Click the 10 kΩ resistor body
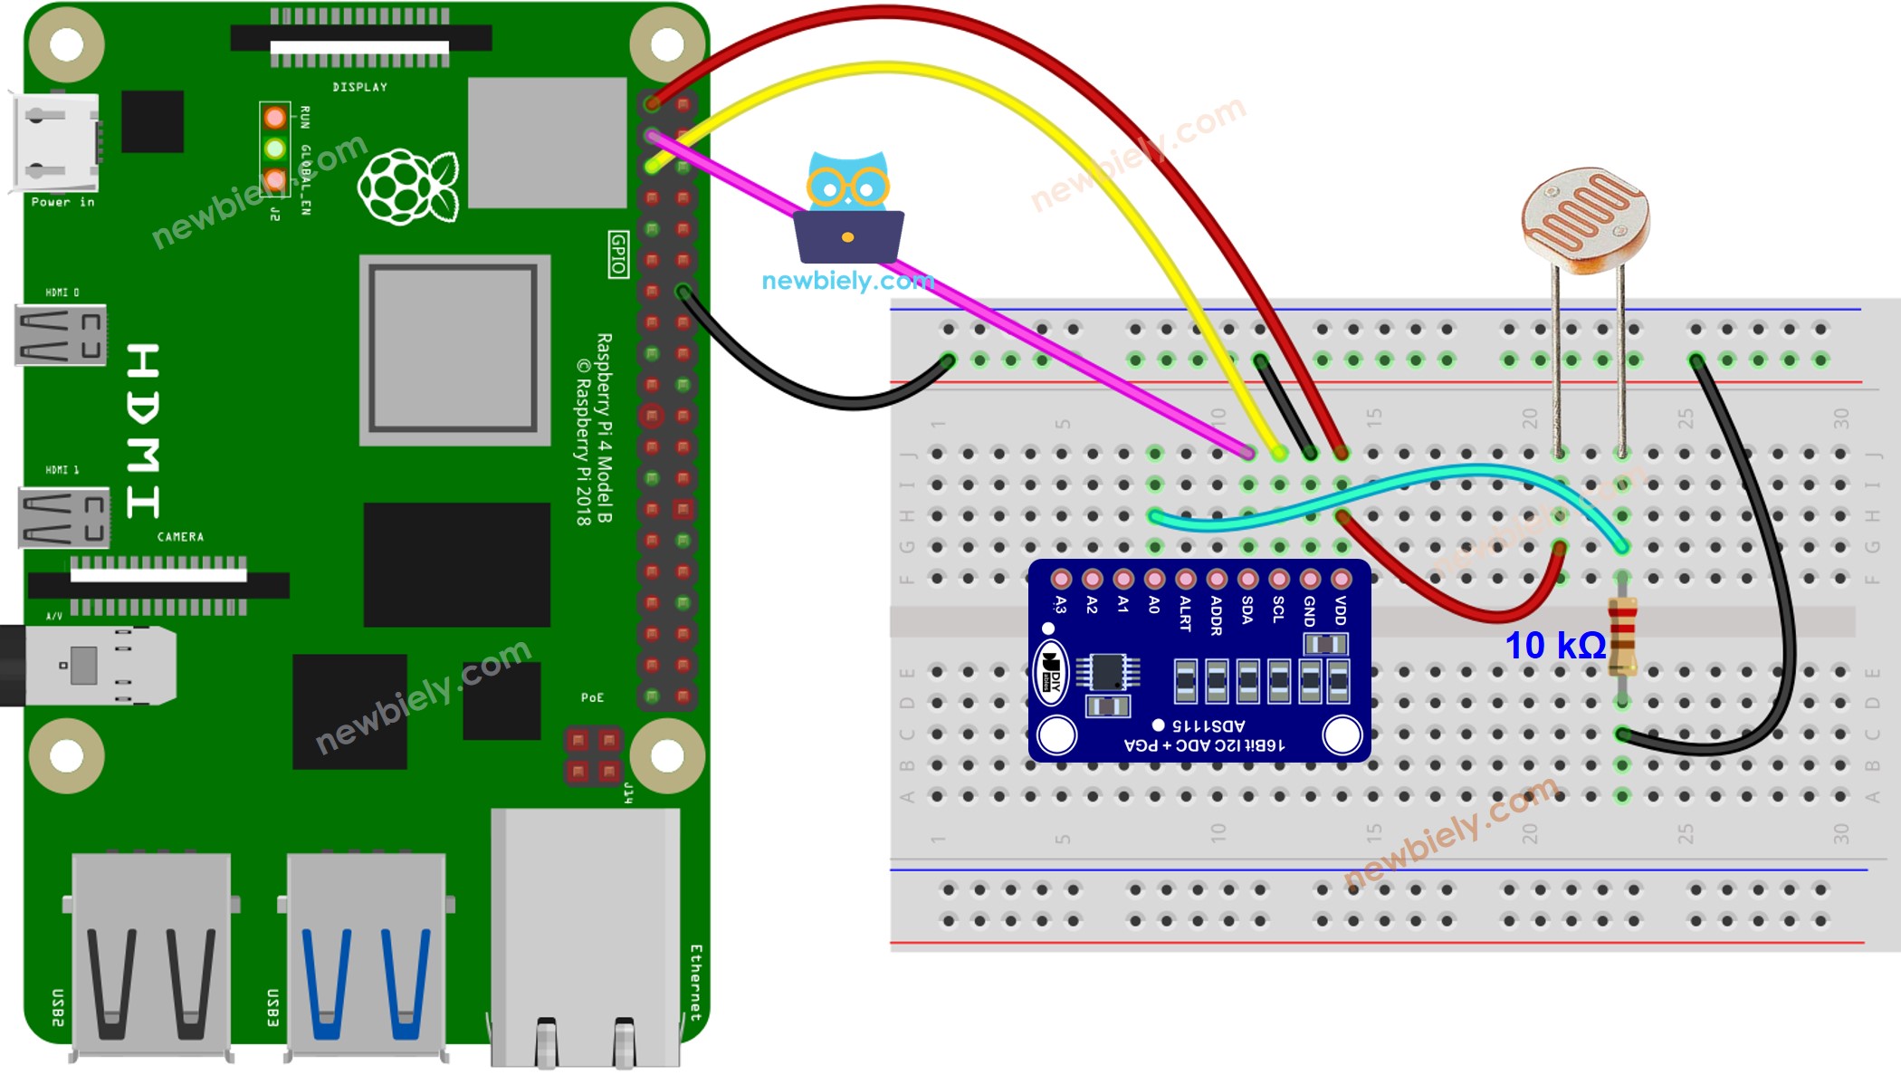tap(1622, 636)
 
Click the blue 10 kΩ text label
tap(1554, 646)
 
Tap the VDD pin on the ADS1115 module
tap(1341, 580)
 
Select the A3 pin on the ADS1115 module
tap(1061, 580)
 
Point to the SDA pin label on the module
tap(1247, 609)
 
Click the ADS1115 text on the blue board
tap(1208, 725)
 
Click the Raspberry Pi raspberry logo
tap(408, 187)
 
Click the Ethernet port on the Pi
tap(585, 937)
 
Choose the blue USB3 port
tap(367, 955)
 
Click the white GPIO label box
tap(618, 254)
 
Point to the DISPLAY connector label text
tap(359, 87)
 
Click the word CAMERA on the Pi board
tap(180, 537)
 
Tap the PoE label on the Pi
tap(592, 697)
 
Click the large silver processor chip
tap(454, 350)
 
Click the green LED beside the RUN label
tap(275, 148)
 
